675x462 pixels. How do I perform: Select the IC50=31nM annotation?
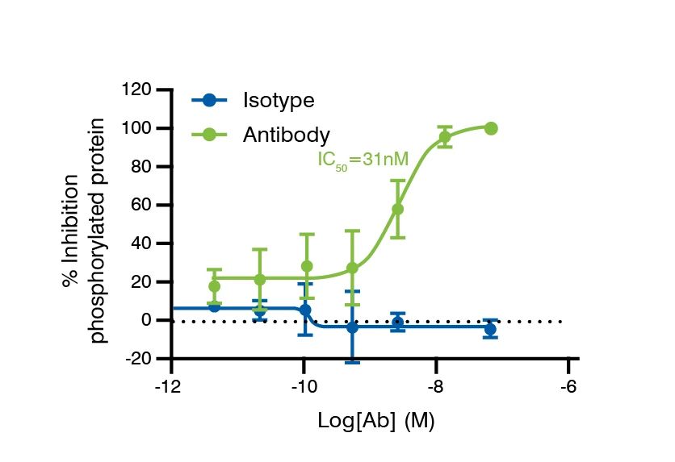click(x=363, y=160)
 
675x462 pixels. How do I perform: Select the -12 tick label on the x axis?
click(x=170, y=385)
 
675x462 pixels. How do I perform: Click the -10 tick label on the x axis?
click(x=303, y=385)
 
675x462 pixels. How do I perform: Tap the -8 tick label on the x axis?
click(x=435, y=385)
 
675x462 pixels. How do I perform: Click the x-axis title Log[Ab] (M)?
click(x=375, y=421)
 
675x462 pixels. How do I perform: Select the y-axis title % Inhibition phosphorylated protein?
click(x=85, y=230)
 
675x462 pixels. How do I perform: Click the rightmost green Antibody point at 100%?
click(x=491, y=128)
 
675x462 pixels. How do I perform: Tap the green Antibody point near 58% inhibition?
click(x=397, y=209)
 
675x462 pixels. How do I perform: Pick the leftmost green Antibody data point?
click(x=214, y=286)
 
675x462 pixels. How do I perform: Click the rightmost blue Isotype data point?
click(x=490, y=329)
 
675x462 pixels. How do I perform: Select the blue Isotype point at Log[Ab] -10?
click(x=305, y=310)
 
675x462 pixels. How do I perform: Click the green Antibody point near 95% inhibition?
click(x=444, y=137)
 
